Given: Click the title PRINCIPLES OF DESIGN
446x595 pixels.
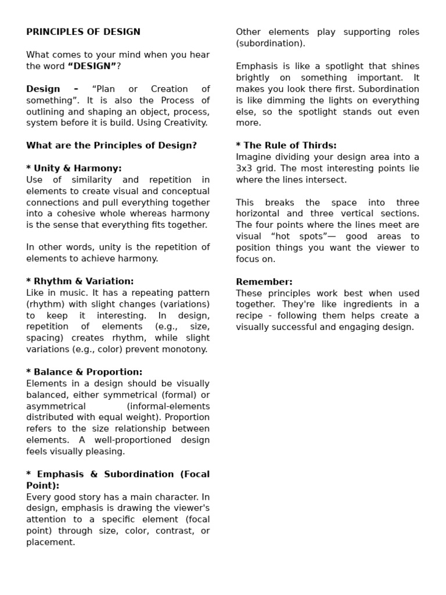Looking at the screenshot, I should [83, 32].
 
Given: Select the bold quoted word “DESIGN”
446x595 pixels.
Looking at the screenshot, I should [92, 66].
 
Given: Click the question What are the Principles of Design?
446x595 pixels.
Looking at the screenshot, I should [111, 146].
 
